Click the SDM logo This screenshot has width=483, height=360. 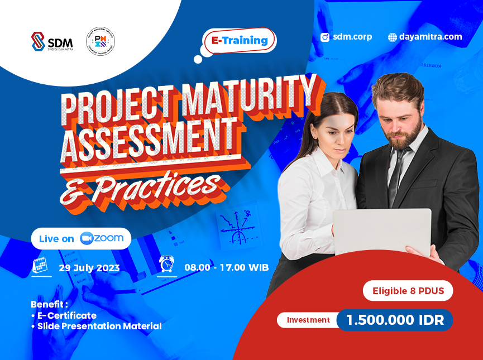tap(51, 41)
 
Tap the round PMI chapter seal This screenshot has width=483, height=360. tap(101, 41)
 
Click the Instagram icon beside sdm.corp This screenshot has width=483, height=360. tap(325, 37)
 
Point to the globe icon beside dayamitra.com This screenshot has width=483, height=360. tap(393, 37)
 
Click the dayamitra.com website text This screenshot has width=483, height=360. tap(431, 37)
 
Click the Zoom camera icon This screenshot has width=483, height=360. tap(86, 238)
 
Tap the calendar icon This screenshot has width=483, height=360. tap(39, 266)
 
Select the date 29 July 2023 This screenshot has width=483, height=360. tap(89, 268)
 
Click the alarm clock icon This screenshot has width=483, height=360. tap(166, 264)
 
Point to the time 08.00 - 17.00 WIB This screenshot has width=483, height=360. tap(227, 267)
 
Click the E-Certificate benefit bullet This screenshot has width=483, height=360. tap(65, 315)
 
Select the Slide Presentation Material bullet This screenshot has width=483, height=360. tap(98, 326)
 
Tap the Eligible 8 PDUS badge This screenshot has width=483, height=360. tap(408, 291)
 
